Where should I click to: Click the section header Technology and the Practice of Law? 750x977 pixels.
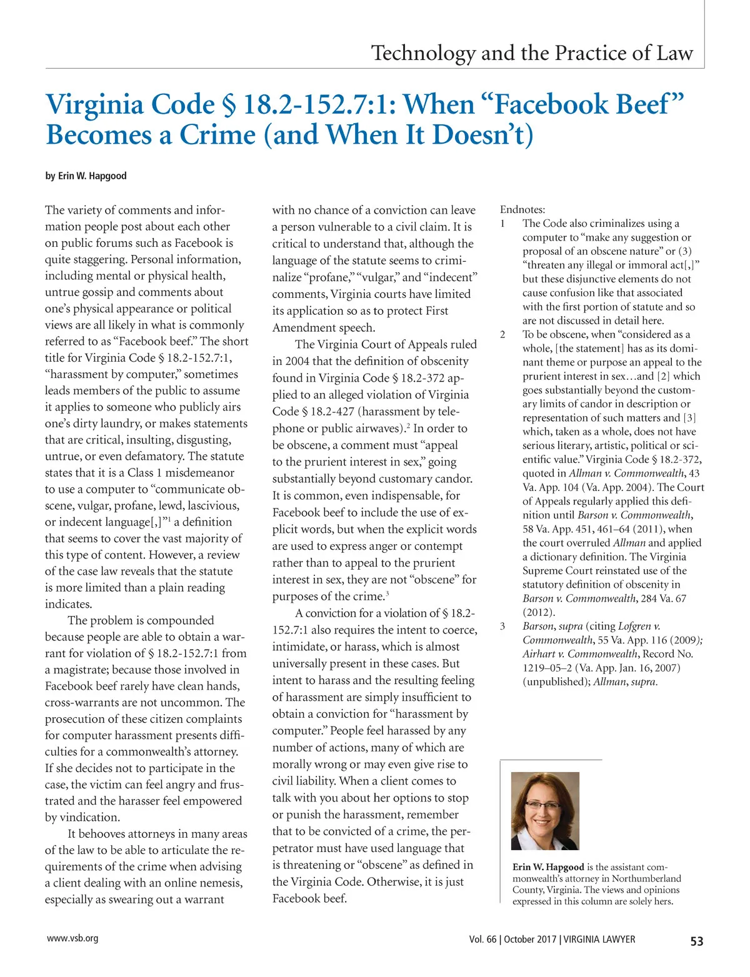(532, 52)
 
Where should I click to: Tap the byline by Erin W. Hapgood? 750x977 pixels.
(86, 176)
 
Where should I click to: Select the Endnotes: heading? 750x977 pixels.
(522, 210)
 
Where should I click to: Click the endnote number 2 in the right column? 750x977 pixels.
(503, 334)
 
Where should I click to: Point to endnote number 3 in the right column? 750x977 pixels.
(503, 626)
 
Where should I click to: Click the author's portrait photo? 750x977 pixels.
(545, 811)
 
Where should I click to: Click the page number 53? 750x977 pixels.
(697, 941)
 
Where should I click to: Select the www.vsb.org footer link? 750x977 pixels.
(72, 938)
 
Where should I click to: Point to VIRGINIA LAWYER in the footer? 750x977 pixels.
(599, 940)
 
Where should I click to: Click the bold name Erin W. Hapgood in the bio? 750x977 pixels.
(548, 867)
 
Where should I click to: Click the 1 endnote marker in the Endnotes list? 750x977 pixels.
(503, 223)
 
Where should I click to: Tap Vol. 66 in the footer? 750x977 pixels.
(482, 940)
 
